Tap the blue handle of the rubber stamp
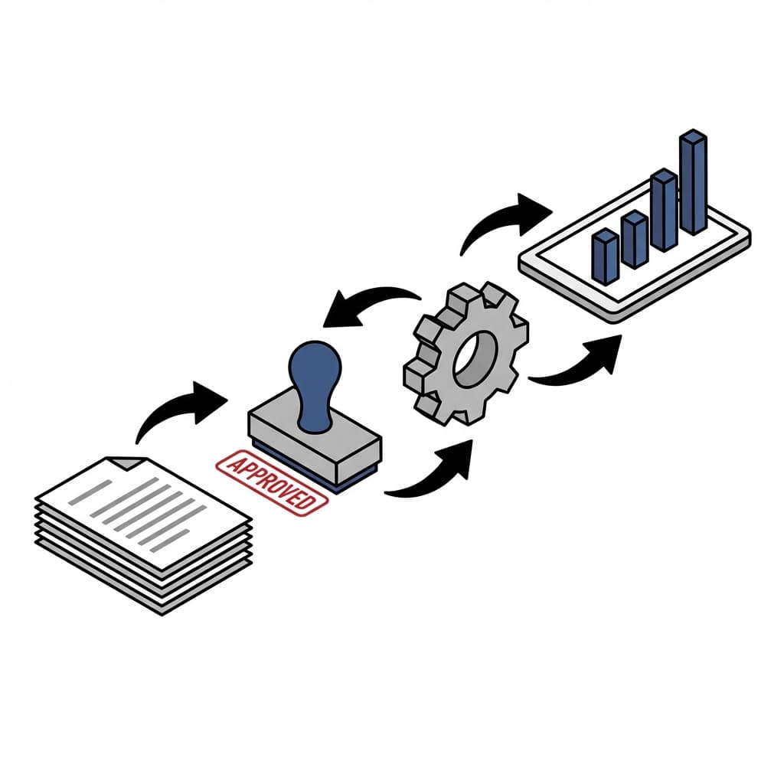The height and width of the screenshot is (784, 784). tap(314, 375)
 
